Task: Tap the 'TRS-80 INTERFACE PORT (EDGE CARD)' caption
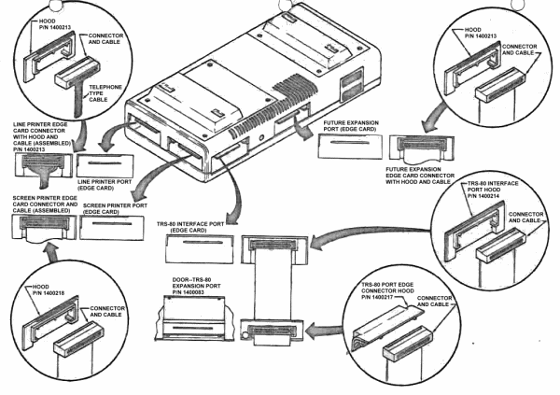pos(196,225)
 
